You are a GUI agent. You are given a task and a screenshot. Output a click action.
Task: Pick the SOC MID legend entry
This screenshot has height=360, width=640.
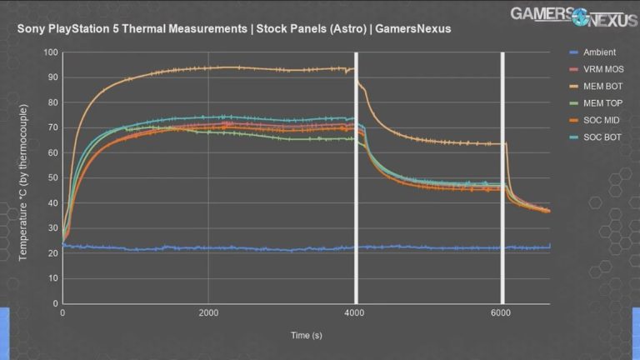coord(599,119)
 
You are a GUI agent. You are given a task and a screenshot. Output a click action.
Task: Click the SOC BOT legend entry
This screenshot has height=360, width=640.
coord(599,136)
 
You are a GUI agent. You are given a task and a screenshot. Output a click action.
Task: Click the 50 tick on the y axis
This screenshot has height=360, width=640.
coord(52,178)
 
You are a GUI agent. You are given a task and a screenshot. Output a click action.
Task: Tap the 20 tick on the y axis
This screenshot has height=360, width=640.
coord(52,253)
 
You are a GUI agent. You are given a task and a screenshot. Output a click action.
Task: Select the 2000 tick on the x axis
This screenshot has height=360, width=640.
coord(208,312)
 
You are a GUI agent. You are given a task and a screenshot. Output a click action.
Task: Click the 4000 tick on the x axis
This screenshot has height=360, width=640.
coord(356,312)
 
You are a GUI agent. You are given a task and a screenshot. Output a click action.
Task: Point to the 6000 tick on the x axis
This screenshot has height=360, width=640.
coord(502,312)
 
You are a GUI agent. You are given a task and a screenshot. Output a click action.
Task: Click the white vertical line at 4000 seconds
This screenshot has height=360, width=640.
coord(356,208)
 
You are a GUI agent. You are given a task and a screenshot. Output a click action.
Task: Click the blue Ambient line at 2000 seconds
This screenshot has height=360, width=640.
coord(208,248)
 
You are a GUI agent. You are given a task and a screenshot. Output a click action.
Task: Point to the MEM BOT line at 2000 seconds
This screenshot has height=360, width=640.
coord(208,67)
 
